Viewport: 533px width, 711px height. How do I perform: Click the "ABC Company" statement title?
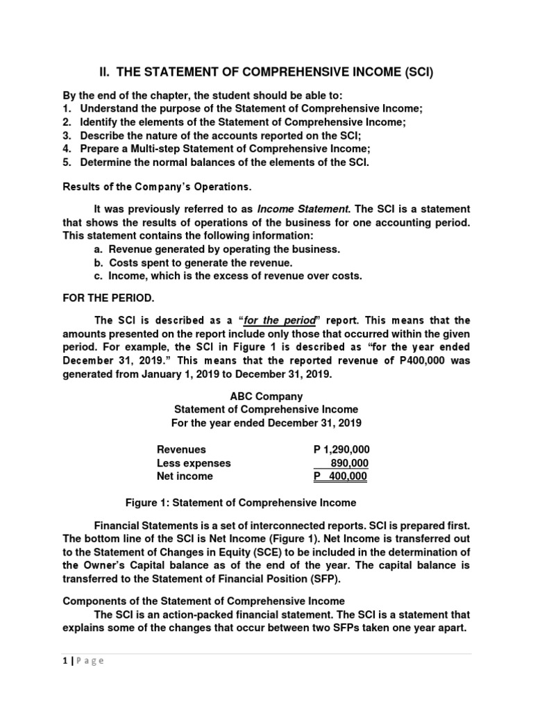click(x=266, y=396)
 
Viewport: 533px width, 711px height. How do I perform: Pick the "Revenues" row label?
click(x=181, y=449)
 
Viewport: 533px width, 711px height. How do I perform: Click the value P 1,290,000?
click(x=341, y=449)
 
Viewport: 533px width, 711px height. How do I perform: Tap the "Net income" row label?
click(x=185, y=476)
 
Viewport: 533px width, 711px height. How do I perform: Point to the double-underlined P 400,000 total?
click(x=340, y=476)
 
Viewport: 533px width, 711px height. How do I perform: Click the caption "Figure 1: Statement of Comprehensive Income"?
click(x=239, y=502)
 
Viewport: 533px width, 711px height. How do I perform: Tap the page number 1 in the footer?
click(x=64, y=661)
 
